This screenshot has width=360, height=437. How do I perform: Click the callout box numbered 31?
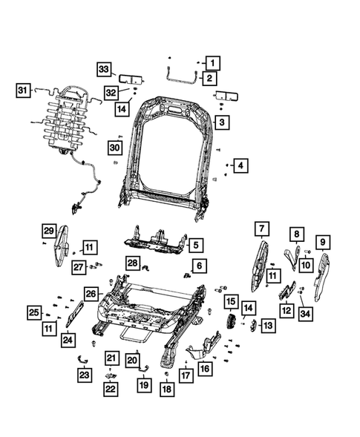24,91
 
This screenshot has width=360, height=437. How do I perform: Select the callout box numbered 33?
105,70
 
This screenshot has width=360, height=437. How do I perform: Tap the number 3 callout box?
220,121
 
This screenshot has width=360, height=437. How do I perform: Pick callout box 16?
206,367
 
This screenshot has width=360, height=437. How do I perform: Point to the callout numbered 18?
167,389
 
